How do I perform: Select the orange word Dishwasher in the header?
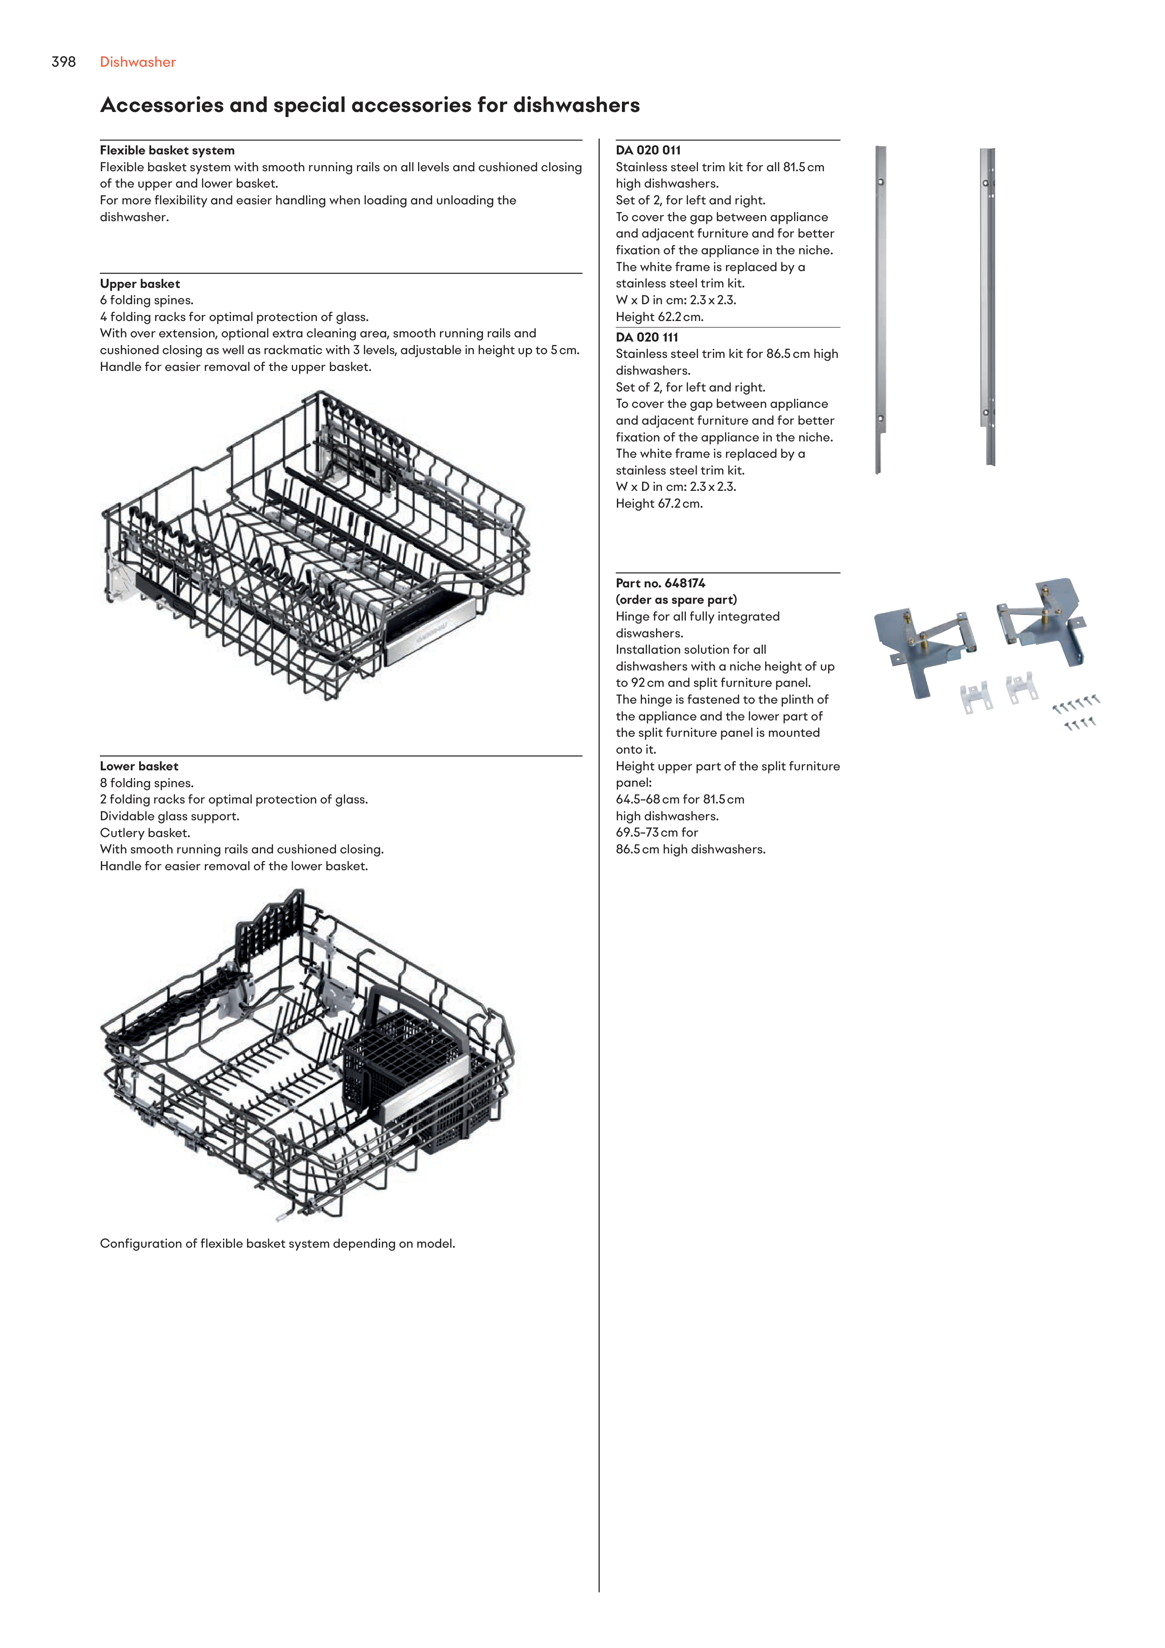[x=138, y=62]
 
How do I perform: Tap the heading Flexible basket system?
[x=167, y=150]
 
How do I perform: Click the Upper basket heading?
[x=140, y=284]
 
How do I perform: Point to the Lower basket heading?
[x=139, y=766]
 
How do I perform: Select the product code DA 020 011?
[x=648, y=150]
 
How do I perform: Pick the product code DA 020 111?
[x=647, y=336]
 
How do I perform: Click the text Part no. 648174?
[x=660, y=583]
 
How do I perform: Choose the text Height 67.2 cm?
[x=659, y=503]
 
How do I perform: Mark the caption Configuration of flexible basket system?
[x=277, y=1243]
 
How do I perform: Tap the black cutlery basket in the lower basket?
[x=409, y=1062]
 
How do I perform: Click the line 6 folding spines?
[x=146, y=300]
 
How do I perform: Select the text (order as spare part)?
[x=676, y=600]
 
